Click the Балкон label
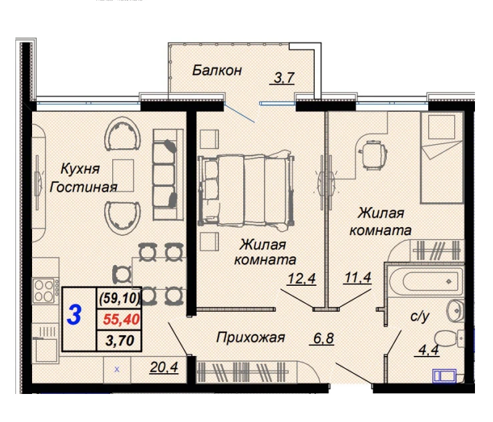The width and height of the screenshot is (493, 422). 217,70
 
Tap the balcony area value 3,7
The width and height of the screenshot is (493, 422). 284,77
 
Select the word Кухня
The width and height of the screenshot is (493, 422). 80,169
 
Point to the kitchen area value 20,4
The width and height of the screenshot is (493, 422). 164,367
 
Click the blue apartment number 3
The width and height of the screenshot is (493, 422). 74,314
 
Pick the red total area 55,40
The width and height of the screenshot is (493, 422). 122,319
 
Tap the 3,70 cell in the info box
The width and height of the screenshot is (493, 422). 120,341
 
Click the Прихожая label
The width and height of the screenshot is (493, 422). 251,337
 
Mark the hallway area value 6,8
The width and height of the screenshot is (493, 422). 323,338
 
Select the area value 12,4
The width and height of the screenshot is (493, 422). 301,278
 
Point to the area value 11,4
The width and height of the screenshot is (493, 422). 358,278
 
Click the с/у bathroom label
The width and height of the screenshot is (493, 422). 420,316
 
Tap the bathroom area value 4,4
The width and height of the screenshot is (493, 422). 429,350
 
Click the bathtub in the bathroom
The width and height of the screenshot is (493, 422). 426,281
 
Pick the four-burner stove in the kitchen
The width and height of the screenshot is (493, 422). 46,290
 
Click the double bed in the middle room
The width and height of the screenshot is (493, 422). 246,190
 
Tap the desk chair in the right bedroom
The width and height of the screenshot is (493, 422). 373,155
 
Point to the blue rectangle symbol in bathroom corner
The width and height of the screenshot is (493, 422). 444,376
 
